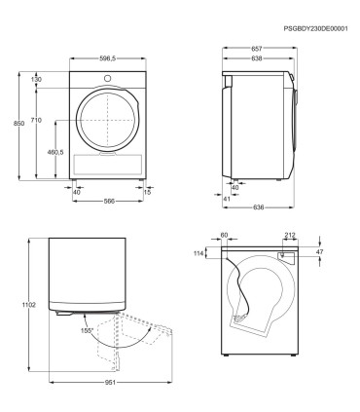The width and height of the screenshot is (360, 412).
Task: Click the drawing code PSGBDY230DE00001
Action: [x=315, y=28]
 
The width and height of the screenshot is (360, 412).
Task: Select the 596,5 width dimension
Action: [x=108, y=58]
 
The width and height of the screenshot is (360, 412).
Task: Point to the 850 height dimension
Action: [x=18, y=124]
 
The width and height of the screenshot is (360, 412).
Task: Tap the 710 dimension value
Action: [x=36, y=120]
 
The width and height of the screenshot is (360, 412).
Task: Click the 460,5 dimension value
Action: [x=55, y=152]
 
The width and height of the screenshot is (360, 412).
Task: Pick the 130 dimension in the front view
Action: [x=36, y=79]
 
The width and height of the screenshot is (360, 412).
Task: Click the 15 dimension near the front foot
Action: [x=147, y=192]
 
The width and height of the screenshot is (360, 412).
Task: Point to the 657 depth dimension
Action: [x=256, y=49]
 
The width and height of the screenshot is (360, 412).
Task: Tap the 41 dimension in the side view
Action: [x=227, y=199]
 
